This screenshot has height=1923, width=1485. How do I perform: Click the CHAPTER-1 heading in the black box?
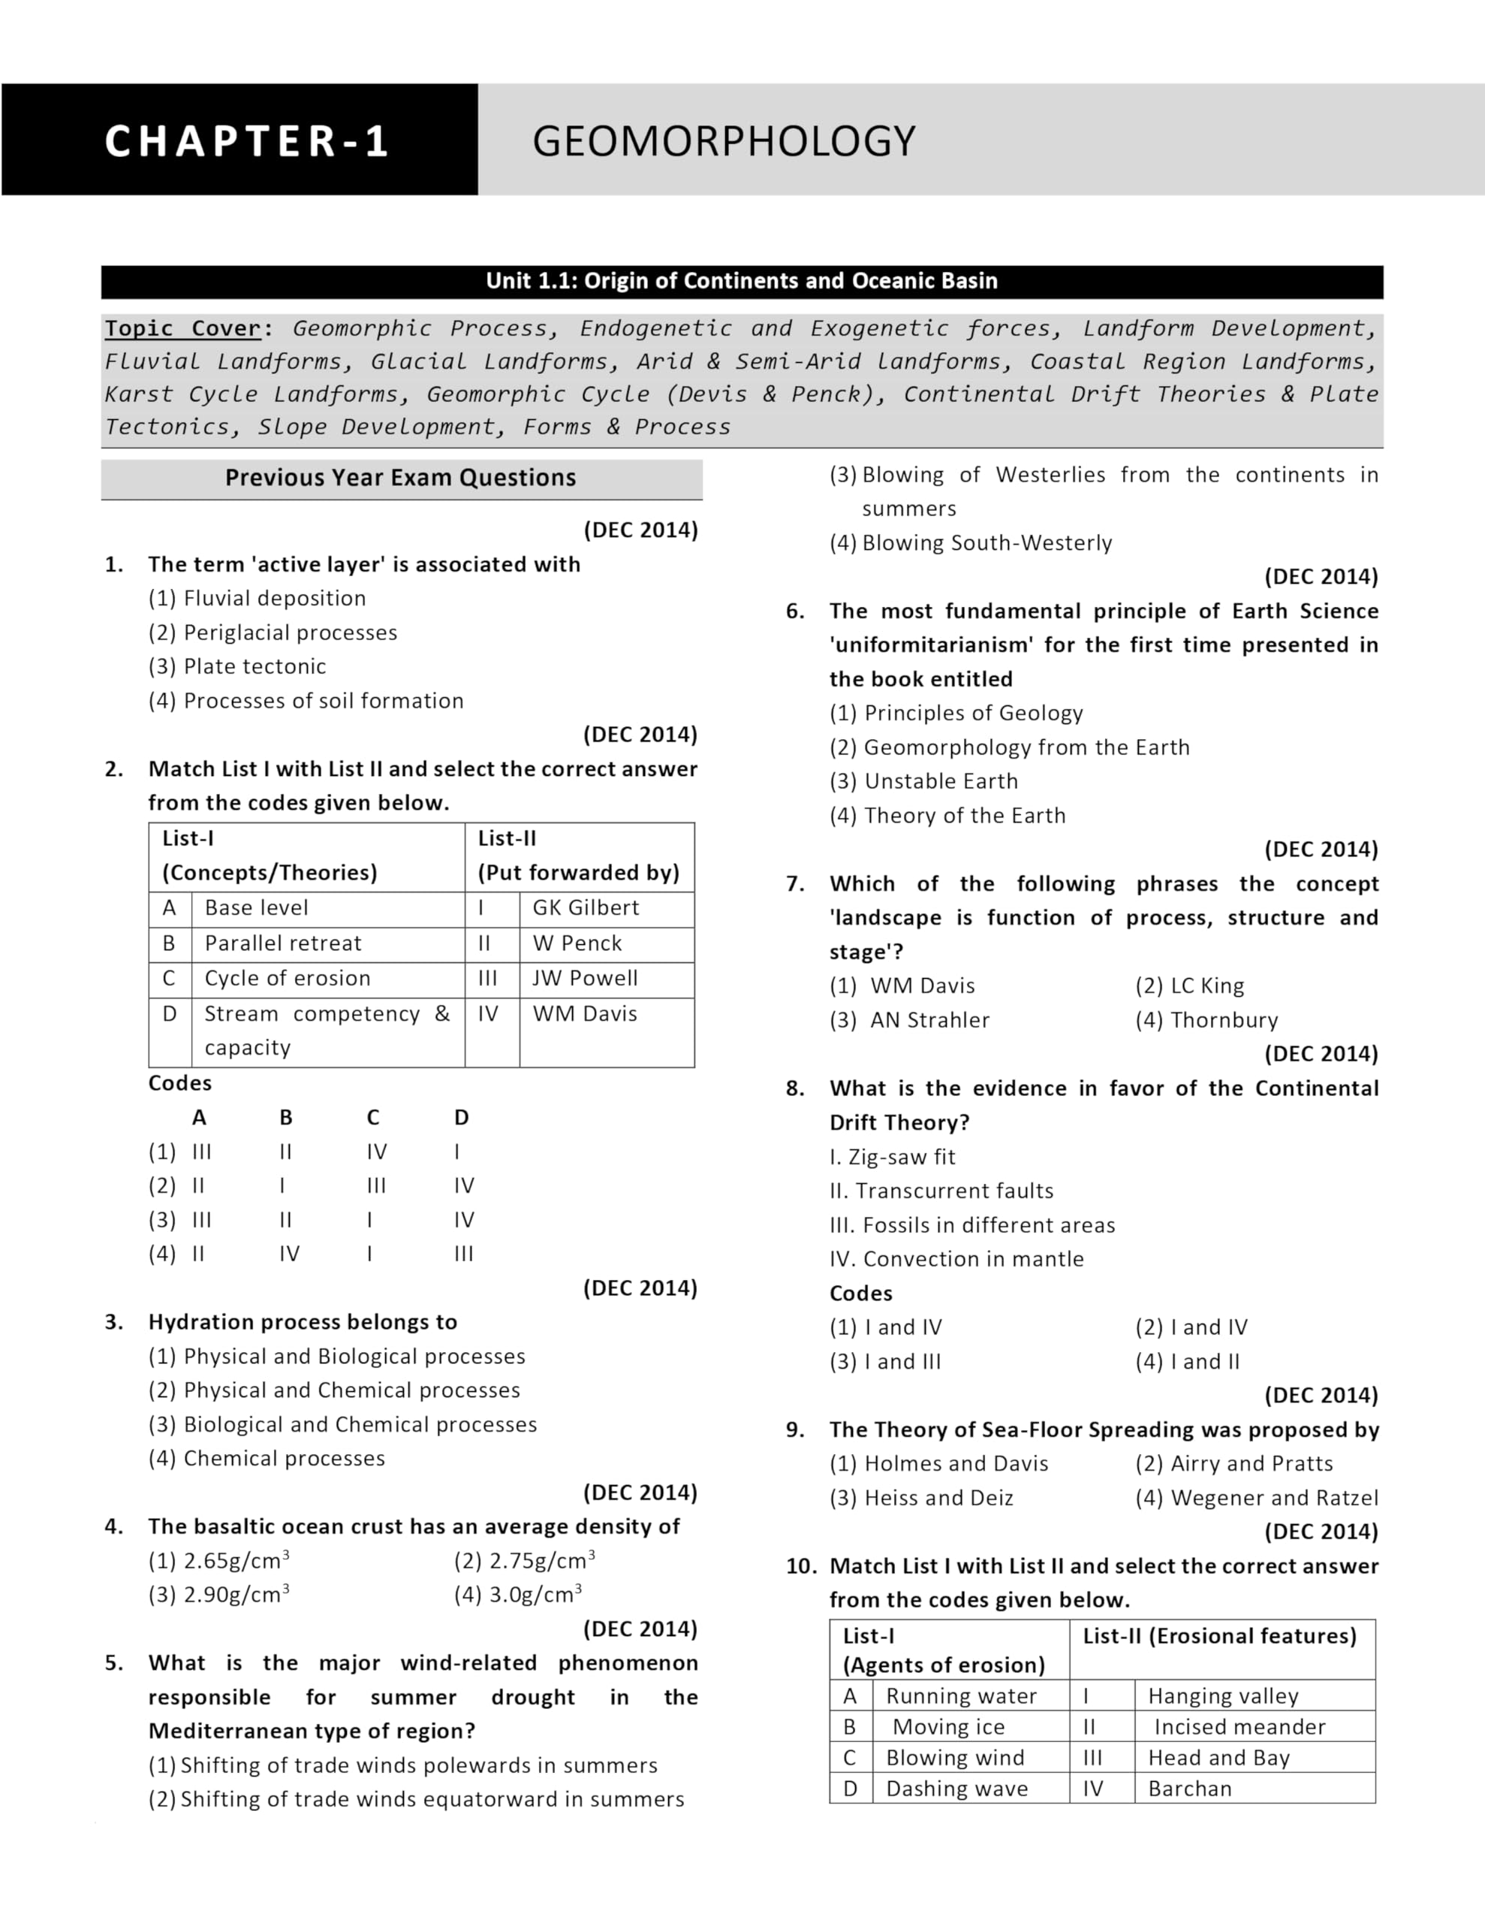(246, 141)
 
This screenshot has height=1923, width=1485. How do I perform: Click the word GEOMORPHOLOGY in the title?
(724, 141)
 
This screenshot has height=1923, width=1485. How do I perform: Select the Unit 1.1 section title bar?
(741, 281)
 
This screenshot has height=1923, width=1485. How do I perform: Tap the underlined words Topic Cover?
(183, 328)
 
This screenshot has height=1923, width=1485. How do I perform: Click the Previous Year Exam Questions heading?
(400, 478)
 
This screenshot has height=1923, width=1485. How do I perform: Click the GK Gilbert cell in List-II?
(586, 907)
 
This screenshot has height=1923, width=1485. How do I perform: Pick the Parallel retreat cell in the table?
(282, 943)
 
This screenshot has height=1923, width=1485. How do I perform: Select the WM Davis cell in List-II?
(585, 1013)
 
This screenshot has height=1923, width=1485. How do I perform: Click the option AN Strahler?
(929, 1019)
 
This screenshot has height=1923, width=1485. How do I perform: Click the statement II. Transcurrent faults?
(941, 1191)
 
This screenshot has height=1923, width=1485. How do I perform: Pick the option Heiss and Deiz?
(938, 1498)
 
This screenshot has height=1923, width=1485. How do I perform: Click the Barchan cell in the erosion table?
(1189, 1789)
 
